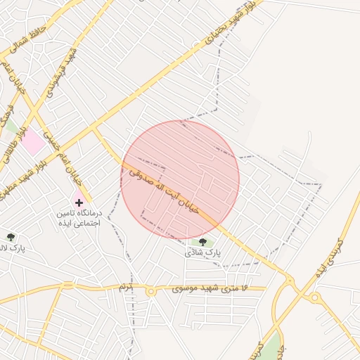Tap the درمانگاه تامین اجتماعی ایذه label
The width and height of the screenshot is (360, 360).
coord(79,217)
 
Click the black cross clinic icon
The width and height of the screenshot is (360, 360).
coord(79,202)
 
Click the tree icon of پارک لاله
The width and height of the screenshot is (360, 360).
coord(10,237)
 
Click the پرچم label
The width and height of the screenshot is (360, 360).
coord(126,288)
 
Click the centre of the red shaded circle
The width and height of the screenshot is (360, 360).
coord(180,180)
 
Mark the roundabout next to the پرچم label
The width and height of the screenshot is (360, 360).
coord(150,290)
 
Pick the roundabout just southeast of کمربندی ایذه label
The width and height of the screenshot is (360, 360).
coord(315,297)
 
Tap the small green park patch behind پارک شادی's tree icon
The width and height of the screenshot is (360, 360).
coord(198,243)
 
